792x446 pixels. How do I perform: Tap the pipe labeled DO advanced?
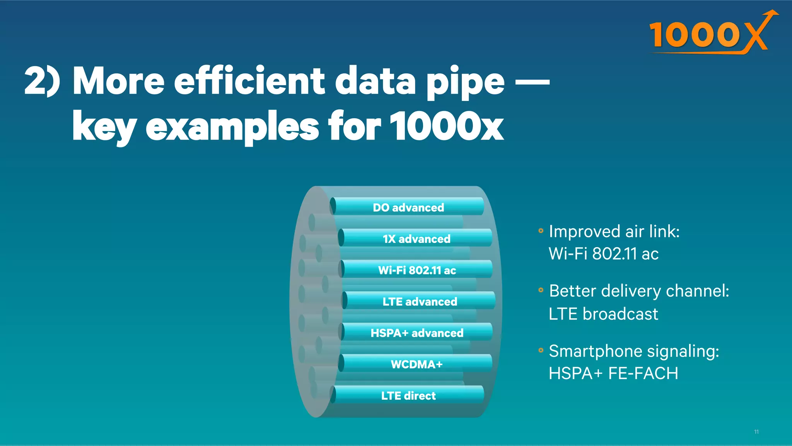pos(408,207)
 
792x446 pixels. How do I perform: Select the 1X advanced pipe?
pos(416,238)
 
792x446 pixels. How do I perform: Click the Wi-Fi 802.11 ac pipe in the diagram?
pos(417,270)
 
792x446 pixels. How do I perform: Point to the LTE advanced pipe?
pos(420,301)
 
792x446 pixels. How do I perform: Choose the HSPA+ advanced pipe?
pos(417,332)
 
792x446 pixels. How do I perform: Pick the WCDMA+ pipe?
pos(416,364)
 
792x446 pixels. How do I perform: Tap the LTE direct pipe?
pos(408,395)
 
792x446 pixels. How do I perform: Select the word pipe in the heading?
pos(465,83)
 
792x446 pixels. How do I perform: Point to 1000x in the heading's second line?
pos(446,126)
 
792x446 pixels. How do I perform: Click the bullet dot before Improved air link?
pos(541,231)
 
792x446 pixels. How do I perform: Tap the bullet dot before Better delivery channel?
pos(541,290)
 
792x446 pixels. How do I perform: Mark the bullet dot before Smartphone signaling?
pos(541,350)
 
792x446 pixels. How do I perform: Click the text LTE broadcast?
pos(603,314)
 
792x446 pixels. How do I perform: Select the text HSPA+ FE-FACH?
pos(613,373)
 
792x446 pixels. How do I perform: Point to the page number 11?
pos(756,432)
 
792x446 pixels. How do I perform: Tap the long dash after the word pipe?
pos(533,82)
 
